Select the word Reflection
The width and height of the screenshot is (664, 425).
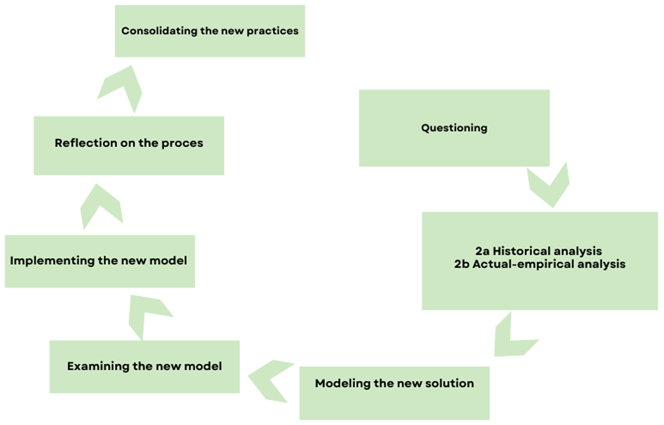point(85,143)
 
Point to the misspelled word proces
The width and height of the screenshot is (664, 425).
point(182,144)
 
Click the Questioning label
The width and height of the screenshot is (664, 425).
point(454,128)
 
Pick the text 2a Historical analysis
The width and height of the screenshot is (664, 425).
point(538,251)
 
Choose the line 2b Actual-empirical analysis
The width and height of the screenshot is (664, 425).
point(540,264)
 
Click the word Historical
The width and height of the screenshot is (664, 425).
point(520,251)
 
